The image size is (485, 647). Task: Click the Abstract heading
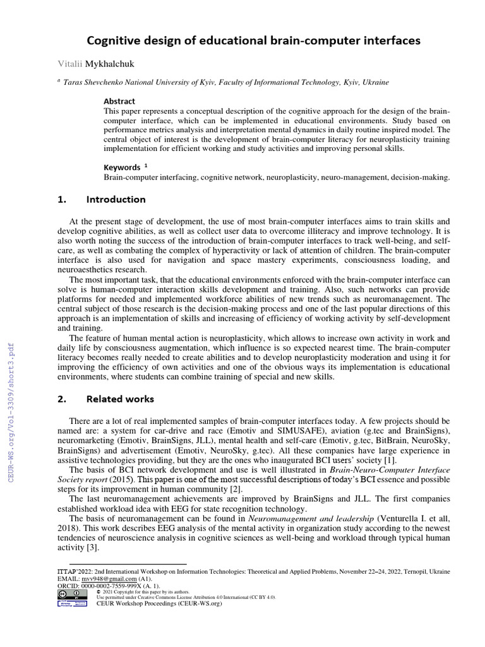119,101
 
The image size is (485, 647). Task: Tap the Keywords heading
122,167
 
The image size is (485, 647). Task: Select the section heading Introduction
116,200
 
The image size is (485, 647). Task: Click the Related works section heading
120,399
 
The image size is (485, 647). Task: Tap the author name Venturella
403,519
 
